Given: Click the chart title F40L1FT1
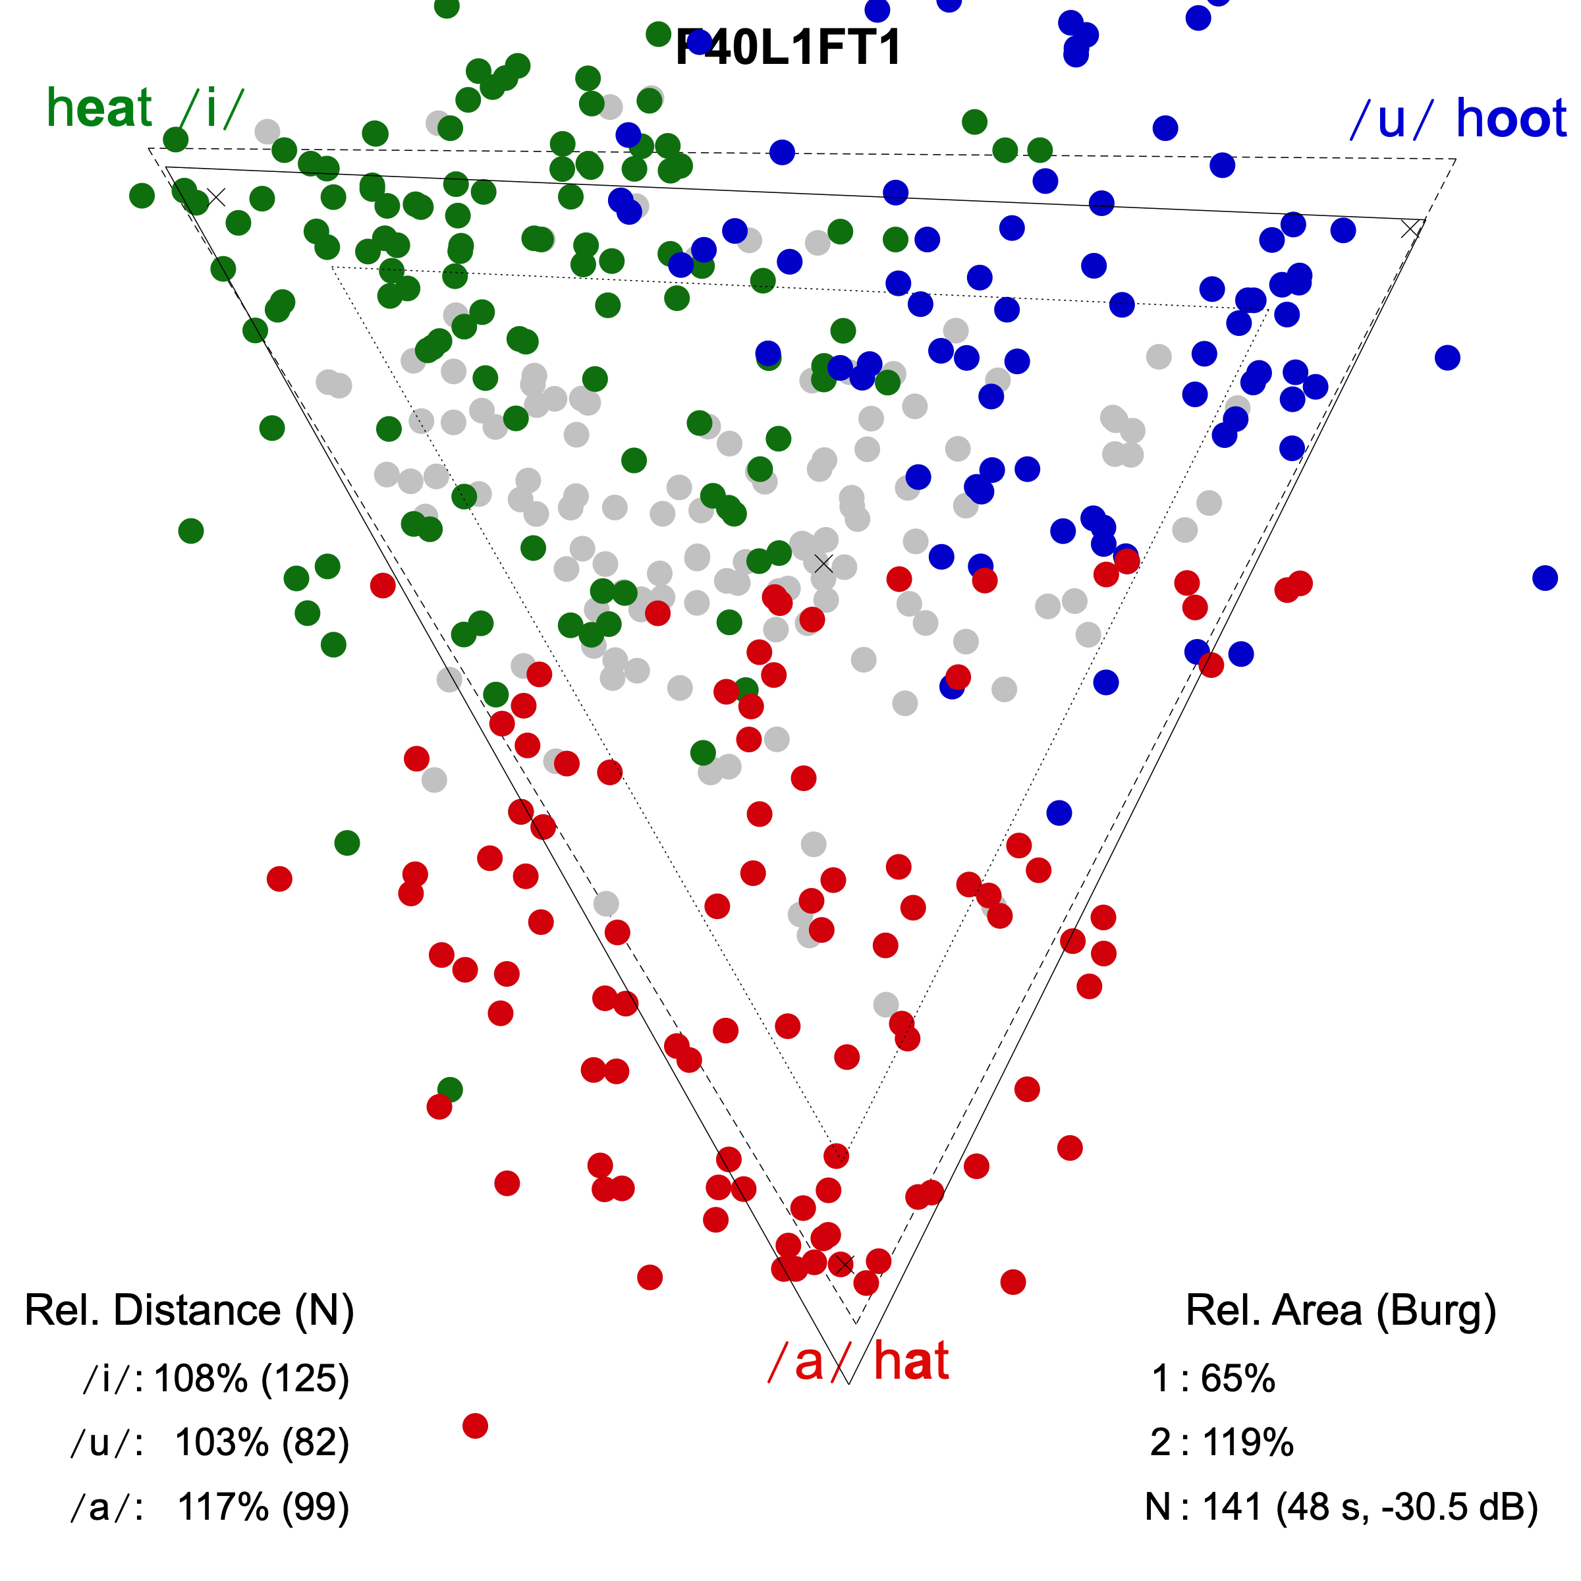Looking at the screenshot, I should click(788, 47).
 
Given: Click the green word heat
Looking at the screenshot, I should click(100, 108).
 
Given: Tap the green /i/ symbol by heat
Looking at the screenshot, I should click(213, 108).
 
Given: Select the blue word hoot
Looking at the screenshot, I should click(1511, 119).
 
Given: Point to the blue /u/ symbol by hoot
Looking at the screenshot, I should click(1391, 119).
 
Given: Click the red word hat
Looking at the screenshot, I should click(911, 1362).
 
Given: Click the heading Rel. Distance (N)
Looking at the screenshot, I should click(189, 1310).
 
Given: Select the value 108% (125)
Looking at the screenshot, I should click(251, 1379).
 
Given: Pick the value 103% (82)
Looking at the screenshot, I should click(262, 1443).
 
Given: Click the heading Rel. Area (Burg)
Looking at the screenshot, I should click(1341, 1310).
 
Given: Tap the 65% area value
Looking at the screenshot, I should click(1237, 1379).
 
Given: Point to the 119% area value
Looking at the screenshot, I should click(1247, 1443).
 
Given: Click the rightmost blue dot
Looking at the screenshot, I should click(1545, 578).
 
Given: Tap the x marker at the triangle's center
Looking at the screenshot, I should click(823, 563).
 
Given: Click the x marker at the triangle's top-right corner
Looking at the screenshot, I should click(1410, 229).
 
